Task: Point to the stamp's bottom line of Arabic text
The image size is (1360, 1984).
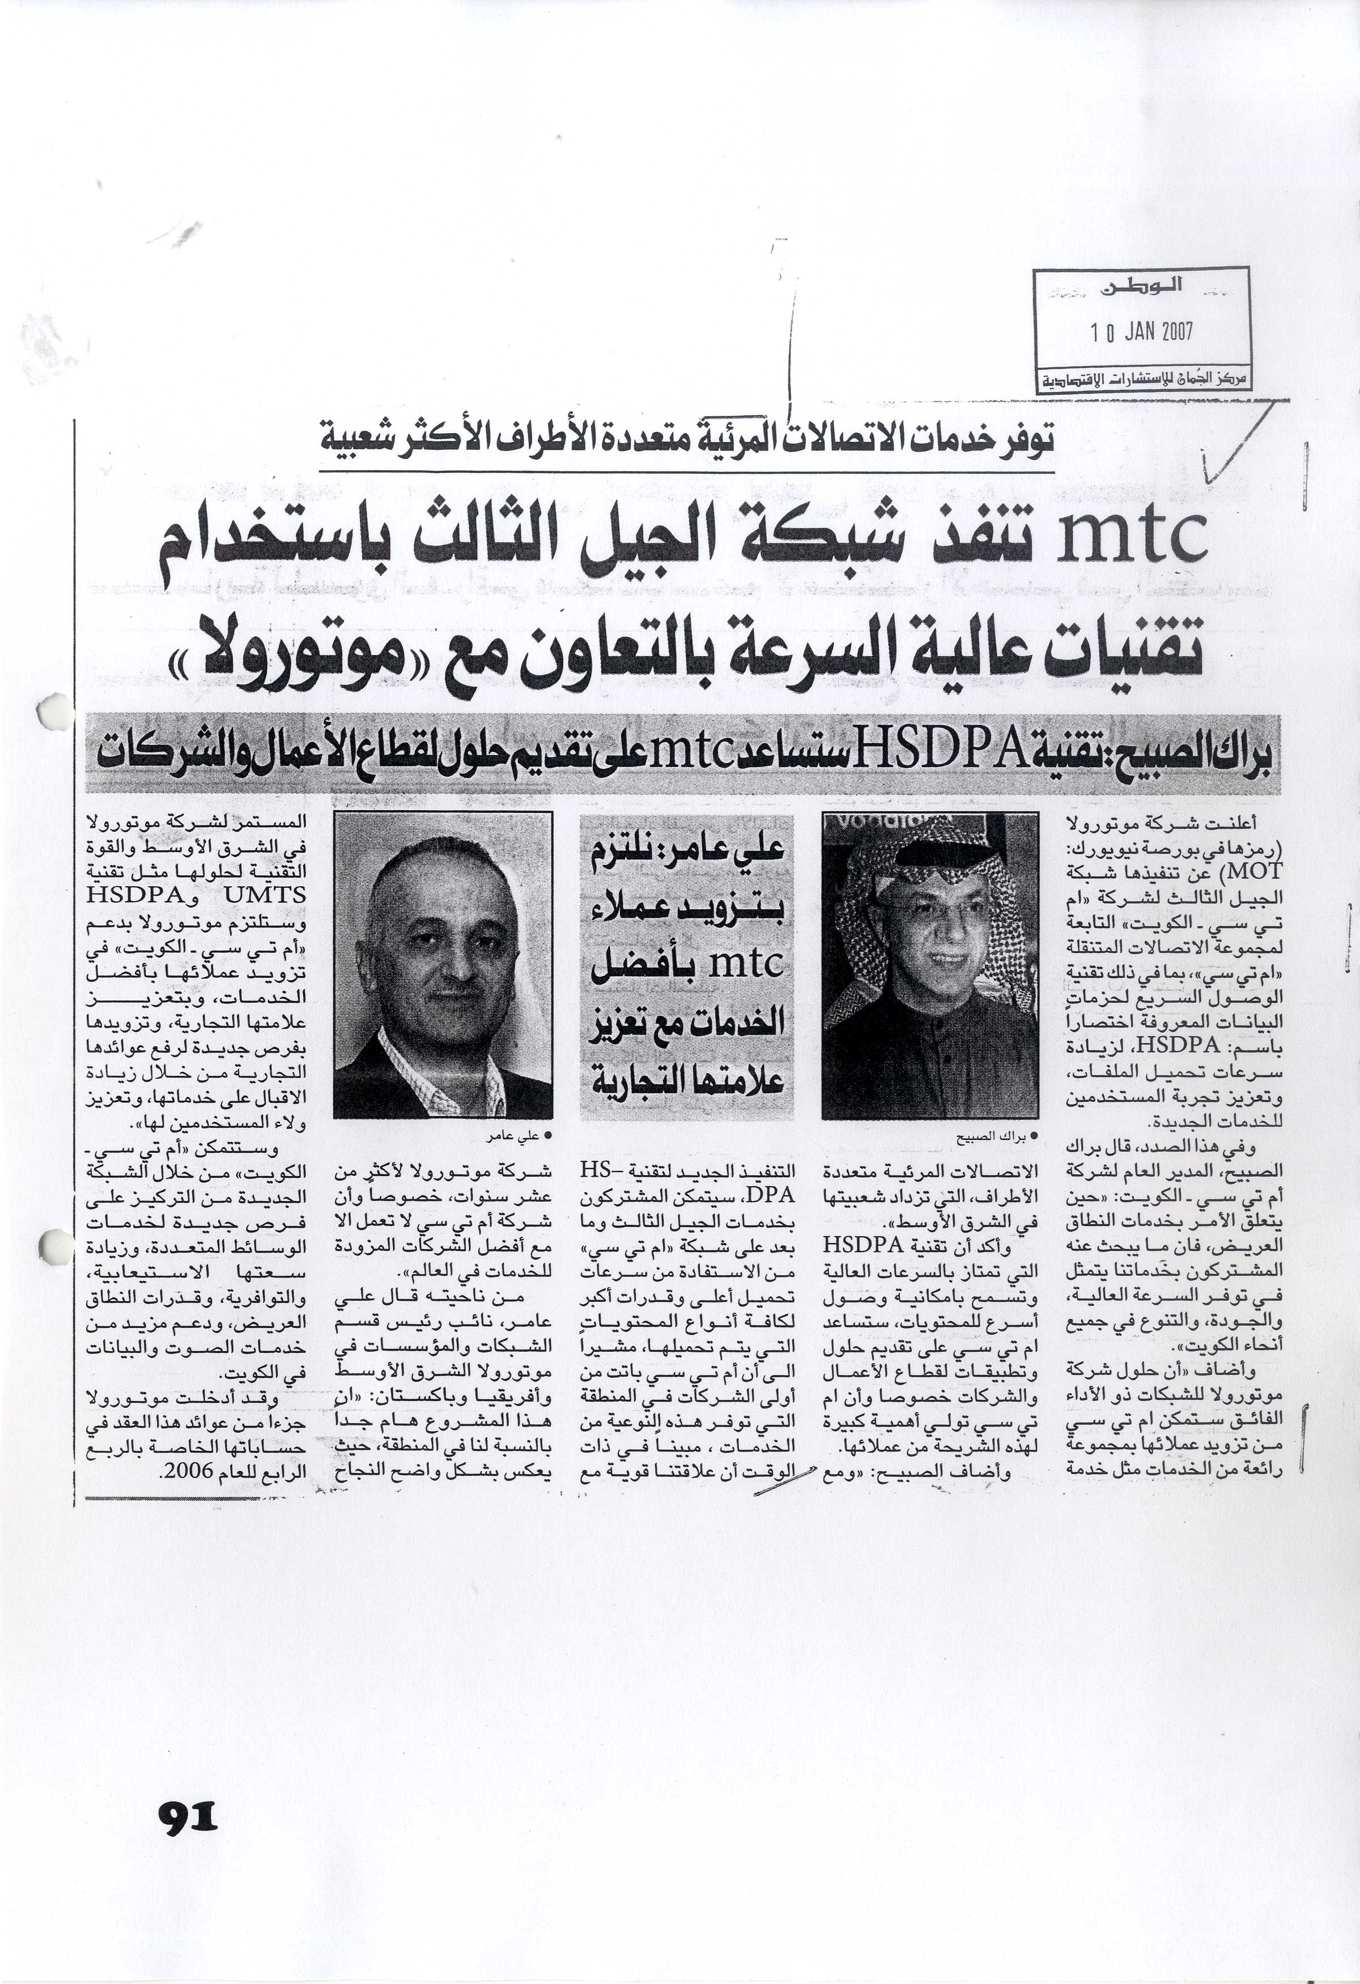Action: (x=1142, y=381)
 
